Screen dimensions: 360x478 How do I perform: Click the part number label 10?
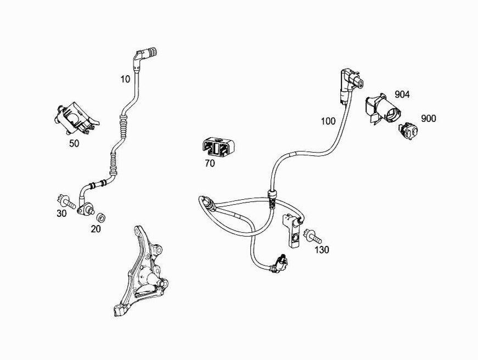pos(126,79)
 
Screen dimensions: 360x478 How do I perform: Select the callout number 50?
pos(74,143)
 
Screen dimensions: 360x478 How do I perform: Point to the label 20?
pos(96,229)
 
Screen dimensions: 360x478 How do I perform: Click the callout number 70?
pos(210,163)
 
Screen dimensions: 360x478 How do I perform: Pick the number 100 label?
pos(328,121)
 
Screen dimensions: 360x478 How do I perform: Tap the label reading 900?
pos(429,119)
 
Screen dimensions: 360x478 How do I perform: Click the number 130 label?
pos(322,249)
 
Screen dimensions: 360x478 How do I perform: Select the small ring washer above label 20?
pos(102,213)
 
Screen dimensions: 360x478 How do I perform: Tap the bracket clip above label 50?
pos(74,117)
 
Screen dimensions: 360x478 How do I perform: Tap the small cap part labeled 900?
pos(408,130)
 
